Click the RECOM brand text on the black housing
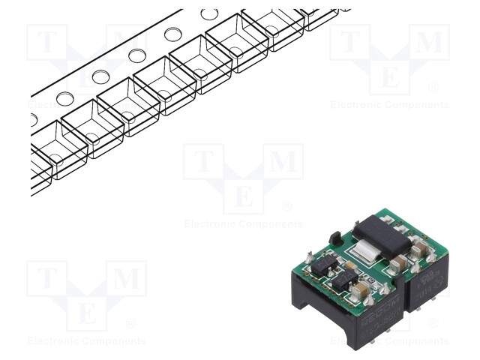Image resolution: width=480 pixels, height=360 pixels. [382, 307]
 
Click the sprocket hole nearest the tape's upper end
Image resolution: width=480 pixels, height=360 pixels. [209, 14]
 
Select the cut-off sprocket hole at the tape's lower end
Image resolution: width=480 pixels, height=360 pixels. [32, 119]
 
